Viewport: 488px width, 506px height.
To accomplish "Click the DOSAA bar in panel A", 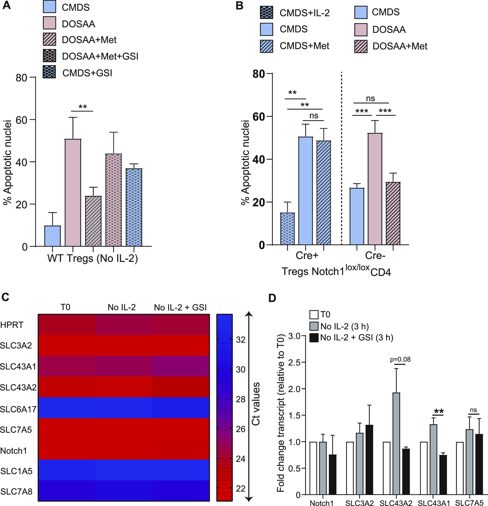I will (73, 192).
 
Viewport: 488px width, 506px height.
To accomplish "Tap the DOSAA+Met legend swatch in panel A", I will (49, 40).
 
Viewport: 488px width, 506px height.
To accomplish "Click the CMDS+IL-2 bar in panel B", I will (287, 229).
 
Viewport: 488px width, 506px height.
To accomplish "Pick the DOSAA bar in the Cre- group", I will (375, 189).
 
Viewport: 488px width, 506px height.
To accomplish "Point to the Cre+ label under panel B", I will (307, 256).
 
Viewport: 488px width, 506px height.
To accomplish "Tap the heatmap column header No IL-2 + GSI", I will (180, 307).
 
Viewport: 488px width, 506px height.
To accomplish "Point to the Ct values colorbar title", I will (256, 404).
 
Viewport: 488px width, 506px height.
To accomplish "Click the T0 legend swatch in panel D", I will (314, 315).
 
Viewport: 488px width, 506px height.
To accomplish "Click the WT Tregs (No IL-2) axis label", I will (93, 258).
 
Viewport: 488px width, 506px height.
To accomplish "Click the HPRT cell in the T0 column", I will (66, 325).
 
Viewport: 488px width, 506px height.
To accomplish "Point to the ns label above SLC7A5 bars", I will (473, 410).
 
